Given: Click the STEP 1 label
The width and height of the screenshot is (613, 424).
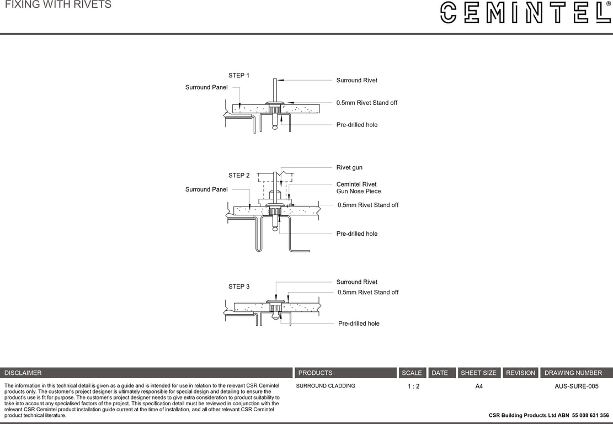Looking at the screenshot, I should point(239,75).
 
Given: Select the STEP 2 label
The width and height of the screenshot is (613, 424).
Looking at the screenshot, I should point(239,176).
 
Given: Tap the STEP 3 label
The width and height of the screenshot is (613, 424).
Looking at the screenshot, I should point(239,287).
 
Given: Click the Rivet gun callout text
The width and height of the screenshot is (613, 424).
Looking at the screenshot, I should point(349,167).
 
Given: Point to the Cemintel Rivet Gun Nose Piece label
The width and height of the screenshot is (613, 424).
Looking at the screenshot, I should point(358,188).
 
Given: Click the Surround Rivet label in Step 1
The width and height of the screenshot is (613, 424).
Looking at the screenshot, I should point(356,80).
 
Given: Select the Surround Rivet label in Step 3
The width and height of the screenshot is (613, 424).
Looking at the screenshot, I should point(356,282).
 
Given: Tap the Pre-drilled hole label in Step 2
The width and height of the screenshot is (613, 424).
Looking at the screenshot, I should point(357,234).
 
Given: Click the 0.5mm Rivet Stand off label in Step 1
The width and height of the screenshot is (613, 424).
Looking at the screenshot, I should point(366,103).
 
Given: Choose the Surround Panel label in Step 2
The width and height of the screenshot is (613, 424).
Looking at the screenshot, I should point(206,189).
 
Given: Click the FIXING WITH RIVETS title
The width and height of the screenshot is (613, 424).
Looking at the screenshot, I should point(58,5).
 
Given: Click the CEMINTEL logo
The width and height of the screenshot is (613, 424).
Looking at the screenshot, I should point(525,12).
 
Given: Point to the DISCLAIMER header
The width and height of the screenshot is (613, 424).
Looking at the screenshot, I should point(23,373).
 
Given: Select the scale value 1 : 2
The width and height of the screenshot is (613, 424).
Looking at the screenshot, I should point(413,386).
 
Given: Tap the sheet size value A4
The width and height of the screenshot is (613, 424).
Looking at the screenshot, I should point(479,386).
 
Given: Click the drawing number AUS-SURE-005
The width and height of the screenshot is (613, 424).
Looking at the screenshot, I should point(576,386).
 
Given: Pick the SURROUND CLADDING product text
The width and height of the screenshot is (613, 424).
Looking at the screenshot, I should point(326,386).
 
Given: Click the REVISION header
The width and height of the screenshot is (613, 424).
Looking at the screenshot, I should point(520,373).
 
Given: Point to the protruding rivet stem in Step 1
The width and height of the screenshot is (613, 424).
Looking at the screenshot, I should point(275,88).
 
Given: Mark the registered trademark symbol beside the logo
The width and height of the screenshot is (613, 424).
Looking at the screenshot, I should point(608,4).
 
